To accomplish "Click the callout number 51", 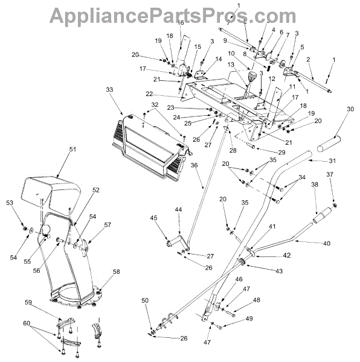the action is [72, 150].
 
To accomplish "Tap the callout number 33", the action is [109, 89].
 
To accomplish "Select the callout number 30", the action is [350, 109].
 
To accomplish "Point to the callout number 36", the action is [194, 165].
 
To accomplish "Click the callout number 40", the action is [327, 243].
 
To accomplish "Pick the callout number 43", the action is [279, 271].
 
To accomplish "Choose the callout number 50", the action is [145, 300].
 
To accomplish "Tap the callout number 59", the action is [28, 302].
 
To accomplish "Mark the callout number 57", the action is [108, 224].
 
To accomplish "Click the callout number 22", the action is [149, 94].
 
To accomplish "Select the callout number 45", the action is [153, 218].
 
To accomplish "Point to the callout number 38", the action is [315, 185].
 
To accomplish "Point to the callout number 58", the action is [116, 271].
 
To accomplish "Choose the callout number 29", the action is [281, 153].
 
